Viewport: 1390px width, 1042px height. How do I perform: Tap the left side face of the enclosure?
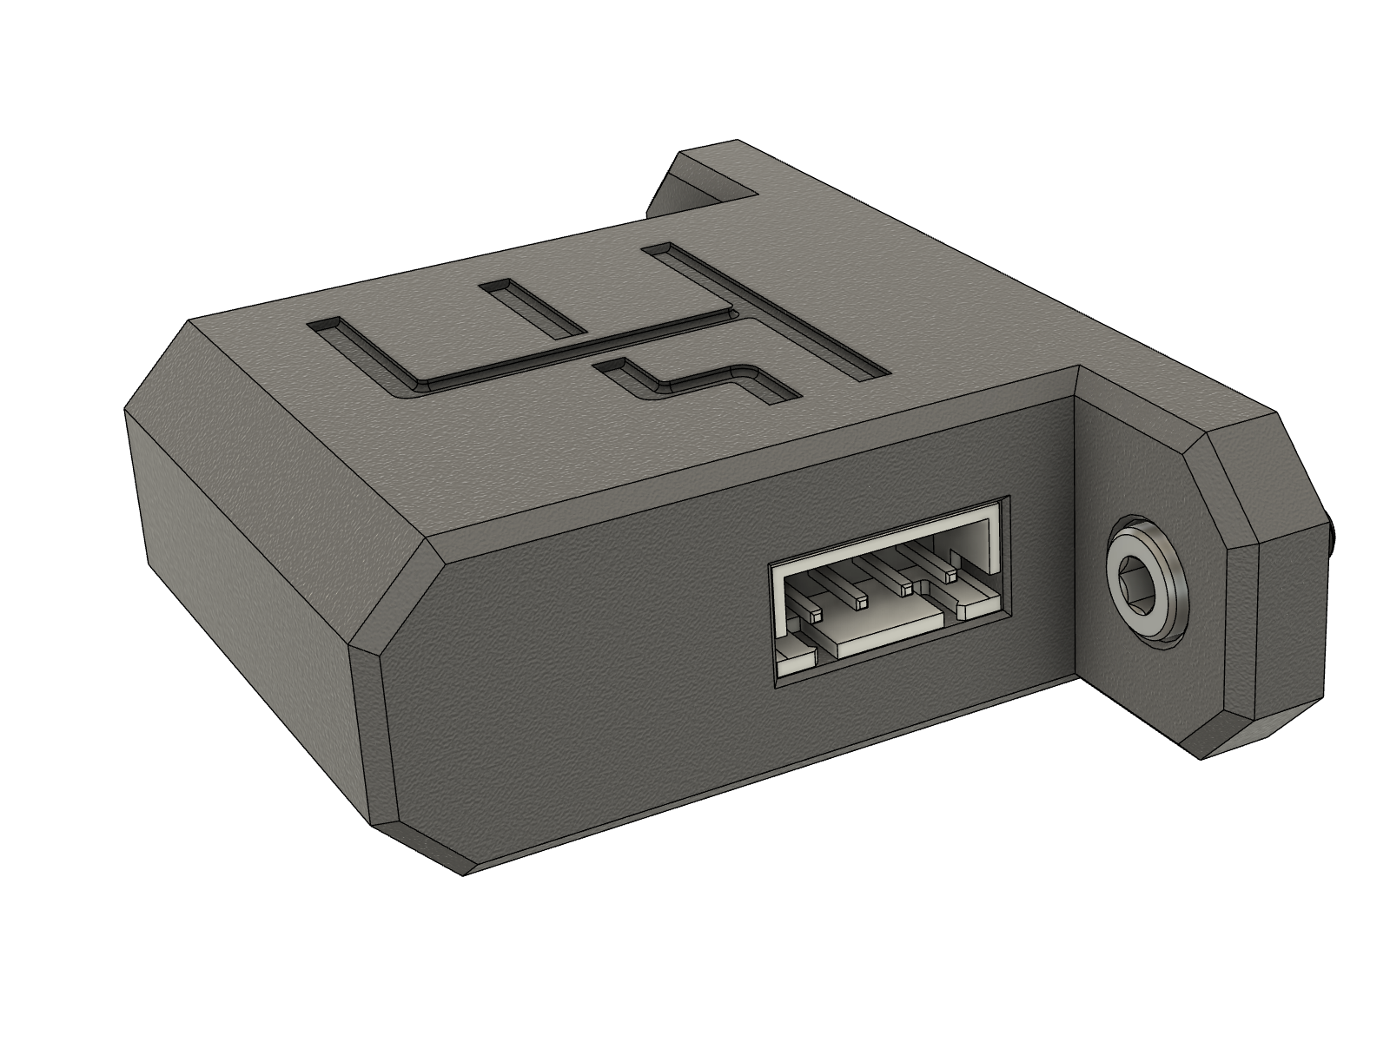[243, 556]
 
